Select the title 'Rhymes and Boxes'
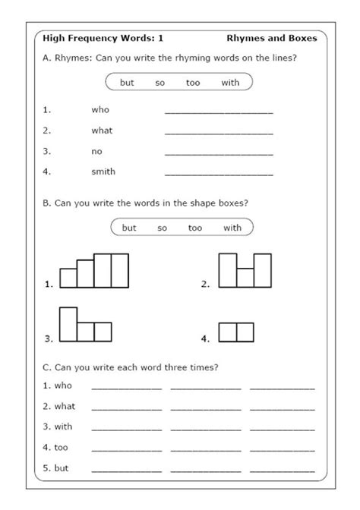pyautogui.click(x=271, y=37)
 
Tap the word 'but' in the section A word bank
pyautogui.click(x=127, y=83)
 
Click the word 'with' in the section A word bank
pyautogui.click(x=230, y=83)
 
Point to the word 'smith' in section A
pyautogui.click(x=103, y=172)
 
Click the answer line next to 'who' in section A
pyautogui.click(x=219, y=112)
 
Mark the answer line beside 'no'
pyautogui.click(x=219, y=153)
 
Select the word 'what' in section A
pyautogui.click(x=102, y=131)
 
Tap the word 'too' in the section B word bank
pyautogui.click(x=195, y=228)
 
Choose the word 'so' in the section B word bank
pyautogui.click(x=163, y=228)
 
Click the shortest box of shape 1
pyautogui.click(x=68, y=278)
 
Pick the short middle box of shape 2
pyautogui.click(x=245, y=278)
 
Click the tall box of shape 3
pyautogui.click(x=68, y=324)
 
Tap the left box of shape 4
pyautogui.click(x=228, y=332)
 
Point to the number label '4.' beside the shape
pyautogui.click(x=205, y=338)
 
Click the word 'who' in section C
pyautogui.click(x=63, y=386)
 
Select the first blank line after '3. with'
pyautogui.click(x=126, y=430)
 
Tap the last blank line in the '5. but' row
pyautogui.click(x=282, y=471)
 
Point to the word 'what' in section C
pyautogui.click(x=65, y=406)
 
